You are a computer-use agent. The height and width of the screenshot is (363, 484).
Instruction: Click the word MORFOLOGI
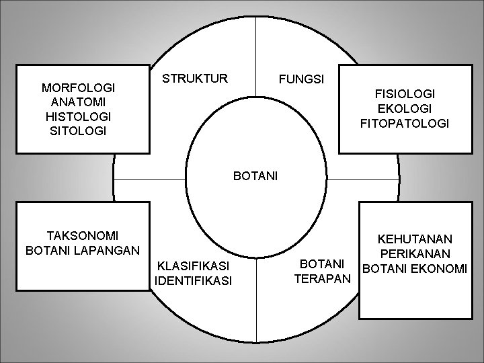pyautogui.click(x=79, y=87)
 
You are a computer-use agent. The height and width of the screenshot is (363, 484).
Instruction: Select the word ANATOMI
pyautogui.click(x=79, y=102)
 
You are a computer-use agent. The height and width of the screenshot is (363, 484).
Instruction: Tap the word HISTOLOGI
pyautogui.click(x=79, y=116)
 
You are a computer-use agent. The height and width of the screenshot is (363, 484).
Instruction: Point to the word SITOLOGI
pyautogui.click(x=79, y=130)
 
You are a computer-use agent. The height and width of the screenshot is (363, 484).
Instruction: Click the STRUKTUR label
pyautogui.click(x=196, y=78)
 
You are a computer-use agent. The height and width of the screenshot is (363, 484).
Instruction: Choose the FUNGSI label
pyautogui.click(x=302, y=79)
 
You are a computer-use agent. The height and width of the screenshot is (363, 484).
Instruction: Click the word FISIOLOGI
pyautogui.click(x=405, y=94)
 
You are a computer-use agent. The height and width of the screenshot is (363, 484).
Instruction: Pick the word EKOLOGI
pyautogui.click(x=405, y=109)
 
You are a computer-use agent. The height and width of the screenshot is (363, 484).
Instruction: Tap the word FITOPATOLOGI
pyautogui.click(x=405, y=124)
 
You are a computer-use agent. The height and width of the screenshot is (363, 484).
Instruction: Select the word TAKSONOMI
pyautogui.click(x=83, y=235)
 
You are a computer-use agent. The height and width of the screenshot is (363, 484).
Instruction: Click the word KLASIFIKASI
pyautogui.click(x=193, y=265)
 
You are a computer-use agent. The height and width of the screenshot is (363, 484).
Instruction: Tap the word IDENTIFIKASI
pyautogui.click(x=193, y=280)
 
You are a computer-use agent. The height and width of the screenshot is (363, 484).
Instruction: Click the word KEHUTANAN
pyautogui.click(x=415, y=239)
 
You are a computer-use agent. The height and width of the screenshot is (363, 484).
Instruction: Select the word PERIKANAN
pyautogui.click(x=415, y=254)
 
